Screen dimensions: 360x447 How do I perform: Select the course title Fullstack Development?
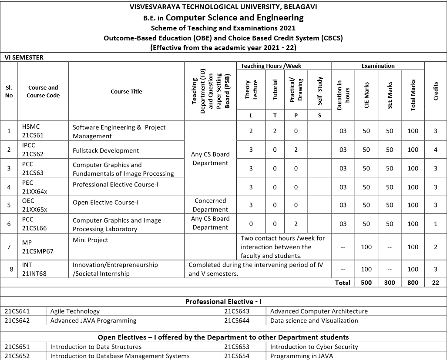(x=106, y=150)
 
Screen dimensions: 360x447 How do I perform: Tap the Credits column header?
(x=436, y=91)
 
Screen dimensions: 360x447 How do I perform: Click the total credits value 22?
(x=436, y=283)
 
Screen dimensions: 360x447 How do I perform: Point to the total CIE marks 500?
(x=366, y=283)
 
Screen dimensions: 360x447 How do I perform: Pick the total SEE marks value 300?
(x=390, y=283)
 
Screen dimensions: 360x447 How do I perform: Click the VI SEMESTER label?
(x=24, y=57)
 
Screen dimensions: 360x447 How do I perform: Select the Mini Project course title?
(x=91, y=240)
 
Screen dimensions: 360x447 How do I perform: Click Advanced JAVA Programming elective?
(x=93, y=320)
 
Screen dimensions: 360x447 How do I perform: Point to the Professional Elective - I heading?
(x=223, y=301)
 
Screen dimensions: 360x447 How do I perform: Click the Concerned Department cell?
(x=210, y=205)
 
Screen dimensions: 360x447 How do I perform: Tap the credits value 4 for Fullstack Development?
(x=436, y=150)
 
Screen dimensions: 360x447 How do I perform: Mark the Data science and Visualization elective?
(x=314, y=320)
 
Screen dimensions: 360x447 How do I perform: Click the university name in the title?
(x=224, y=7)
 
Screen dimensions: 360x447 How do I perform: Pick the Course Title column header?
(x=126, y=91)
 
